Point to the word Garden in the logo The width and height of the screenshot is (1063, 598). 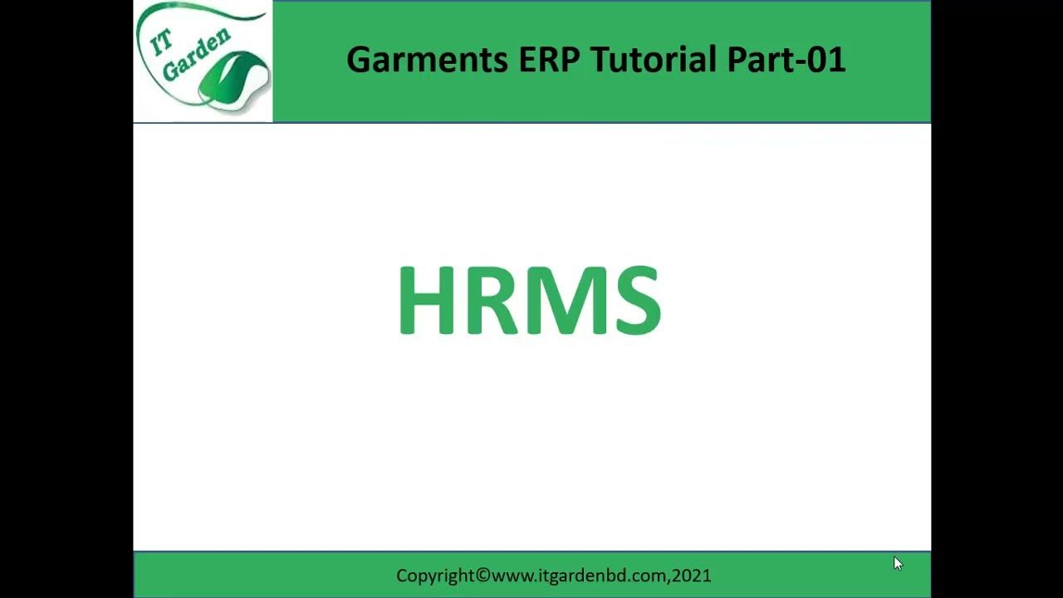pos(195,57)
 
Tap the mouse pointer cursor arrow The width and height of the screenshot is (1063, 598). pos(897,563)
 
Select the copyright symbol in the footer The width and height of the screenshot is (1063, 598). pos(483,575)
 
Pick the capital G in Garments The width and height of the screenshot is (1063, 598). pos(358,60)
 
